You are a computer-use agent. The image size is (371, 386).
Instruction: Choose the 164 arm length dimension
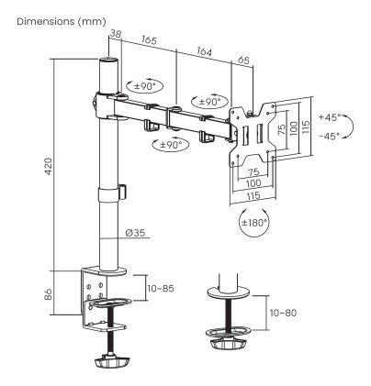coord(204,52)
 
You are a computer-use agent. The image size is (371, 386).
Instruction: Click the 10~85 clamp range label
coord(163,289)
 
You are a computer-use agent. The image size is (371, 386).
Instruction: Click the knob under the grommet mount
coord(227,343)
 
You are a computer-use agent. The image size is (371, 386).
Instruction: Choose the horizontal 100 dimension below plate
coord(249,182)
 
